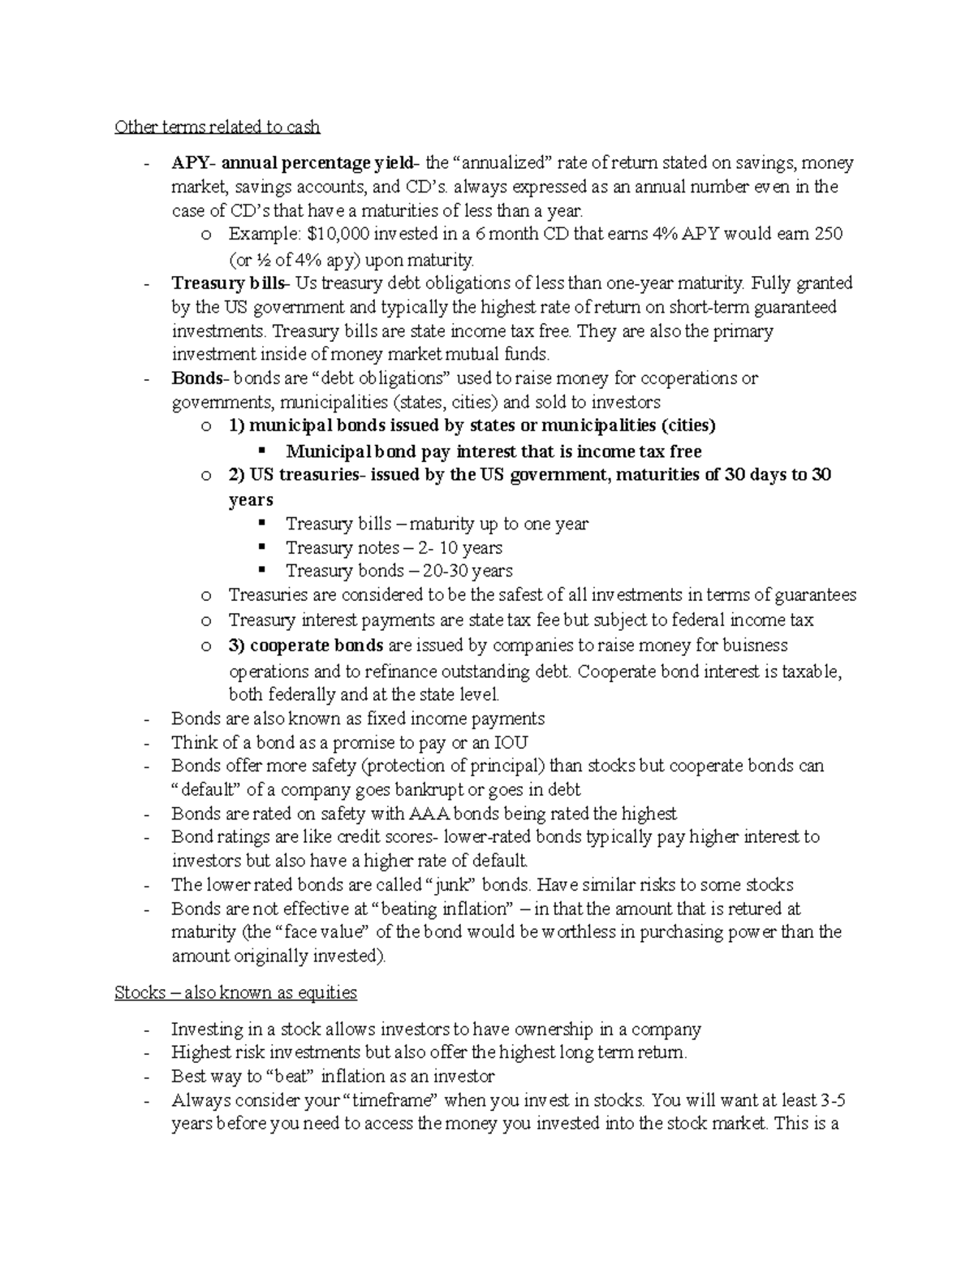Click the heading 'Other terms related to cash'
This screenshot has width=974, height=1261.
[x=217, y=127]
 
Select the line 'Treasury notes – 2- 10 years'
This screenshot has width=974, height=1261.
[x=394, y=548]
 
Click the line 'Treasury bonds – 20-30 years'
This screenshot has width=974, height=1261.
[x=399, y=572]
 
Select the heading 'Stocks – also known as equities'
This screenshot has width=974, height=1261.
[x=235, y=992]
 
